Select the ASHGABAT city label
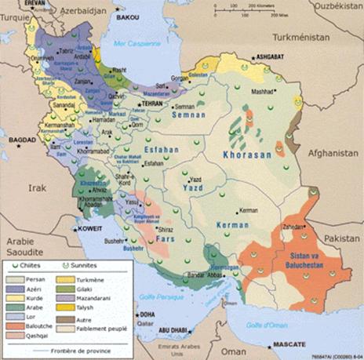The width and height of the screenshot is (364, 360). click(x=271, y=57)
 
